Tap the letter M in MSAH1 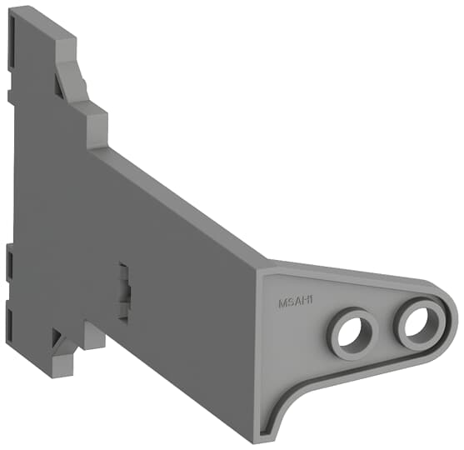282,304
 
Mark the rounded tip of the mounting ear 452,317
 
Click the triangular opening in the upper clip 64,83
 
